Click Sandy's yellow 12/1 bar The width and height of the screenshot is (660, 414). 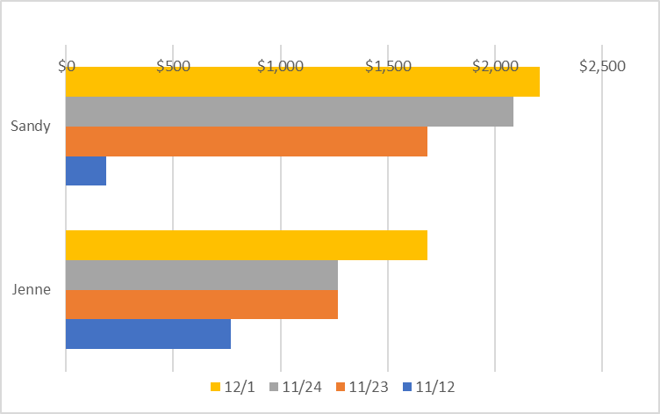click(x=302, y=82)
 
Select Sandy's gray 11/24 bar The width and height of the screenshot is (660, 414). click(x=289, y=112)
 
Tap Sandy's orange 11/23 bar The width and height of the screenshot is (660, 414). click(x=246, y=142)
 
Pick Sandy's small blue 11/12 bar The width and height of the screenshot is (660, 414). click(x=86, y=171)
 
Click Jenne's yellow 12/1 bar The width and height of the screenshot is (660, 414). click(x=246, y=245)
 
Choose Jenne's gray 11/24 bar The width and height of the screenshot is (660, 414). click(x=201, y=275)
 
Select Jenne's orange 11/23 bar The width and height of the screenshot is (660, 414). click(x=201, y=305)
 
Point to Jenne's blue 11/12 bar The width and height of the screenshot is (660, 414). click(x=147, y=335)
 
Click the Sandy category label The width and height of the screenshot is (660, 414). click(x=31, y=126)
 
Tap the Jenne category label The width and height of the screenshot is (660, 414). click(x=31, y=289)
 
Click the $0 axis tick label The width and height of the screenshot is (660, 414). click(x=66, y=67)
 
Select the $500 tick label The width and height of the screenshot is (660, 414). click(x=173, y=67)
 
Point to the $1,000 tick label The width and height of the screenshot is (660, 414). click(x=280, y=67)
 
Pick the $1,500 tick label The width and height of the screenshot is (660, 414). click(x=387, y=67)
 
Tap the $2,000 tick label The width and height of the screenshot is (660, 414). click(x=495, y=67)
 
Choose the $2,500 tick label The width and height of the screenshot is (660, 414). click(x=602, y=67)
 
